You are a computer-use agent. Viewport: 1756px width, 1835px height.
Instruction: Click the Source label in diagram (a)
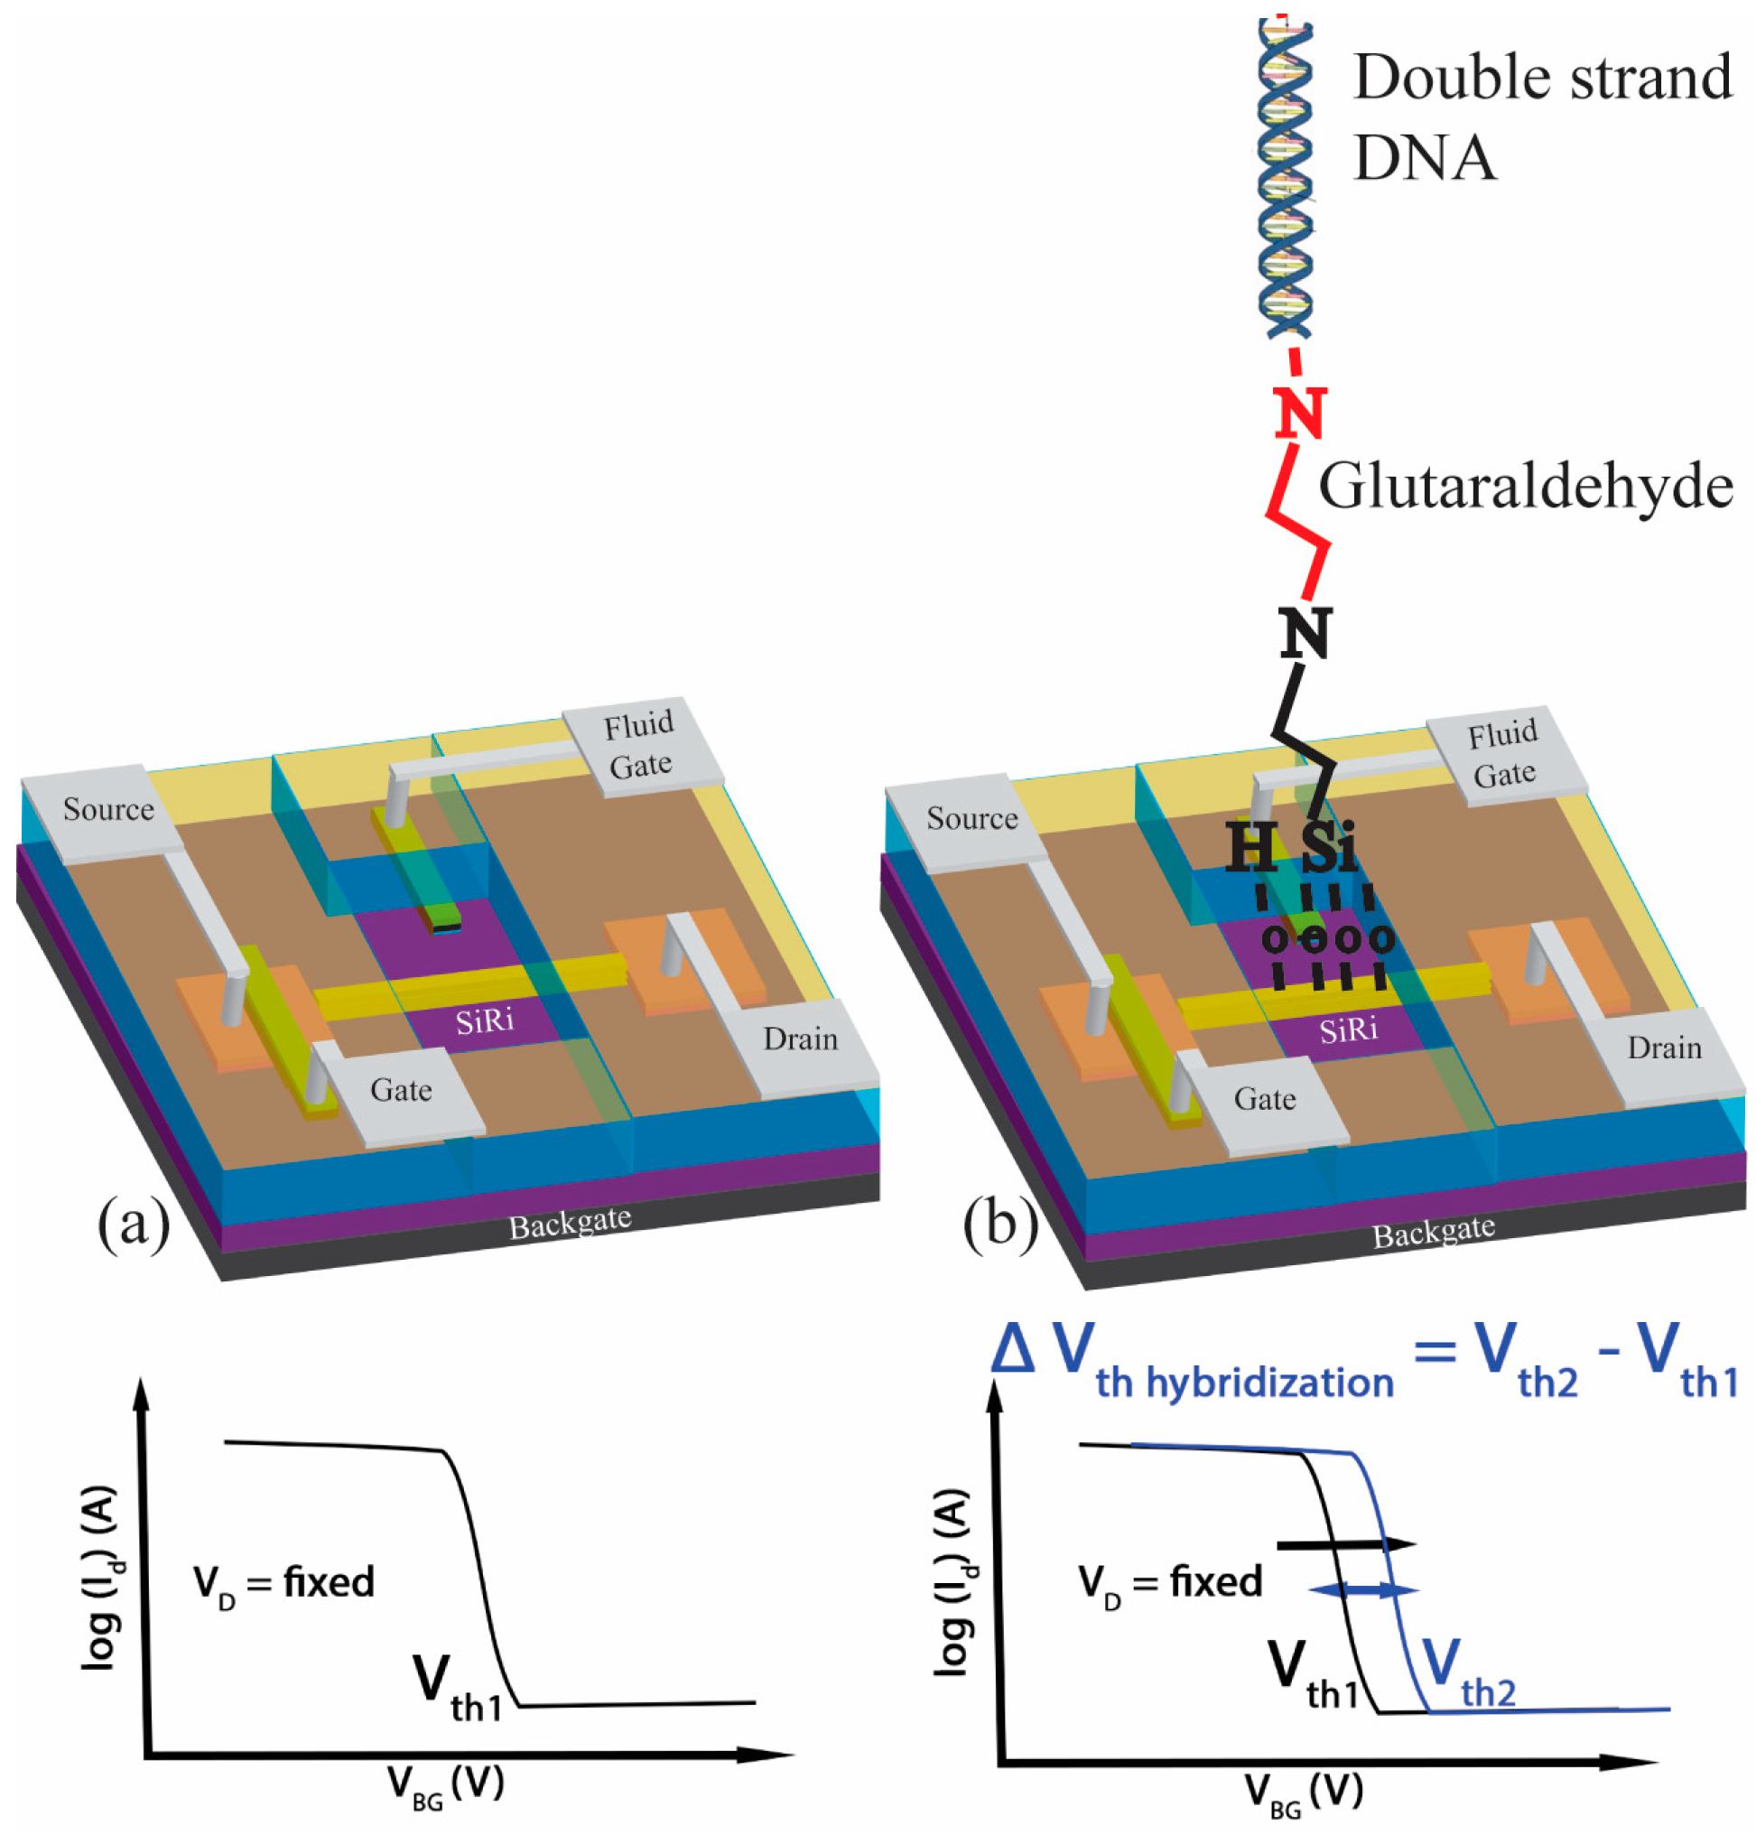click(108, 809)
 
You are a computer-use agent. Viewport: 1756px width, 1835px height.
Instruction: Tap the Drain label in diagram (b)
click(1663, 1048)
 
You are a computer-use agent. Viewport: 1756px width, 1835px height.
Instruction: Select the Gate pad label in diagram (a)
click(401, 1090)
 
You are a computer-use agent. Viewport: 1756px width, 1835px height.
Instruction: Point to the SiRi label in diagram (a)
click(484, 1020)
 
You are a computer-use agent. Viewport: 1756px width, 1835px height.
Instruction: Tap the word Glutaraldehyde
click(1525, 487)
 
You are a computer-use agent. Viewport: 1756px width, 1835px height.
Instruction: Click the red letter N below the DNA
click(1300, 413)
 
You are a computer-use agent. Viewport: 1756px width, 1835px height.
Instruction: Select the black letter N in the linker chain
click(1305, 634)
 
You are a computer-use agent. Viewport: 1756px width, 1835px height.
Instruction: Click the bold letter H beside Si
click(1250, 846)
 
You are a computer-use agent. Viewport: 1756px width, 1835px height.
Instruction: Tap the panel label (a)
click(134, 1223)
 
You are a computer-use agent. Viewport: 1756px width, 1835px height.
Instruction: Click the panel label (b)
click(1000, 1225)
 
